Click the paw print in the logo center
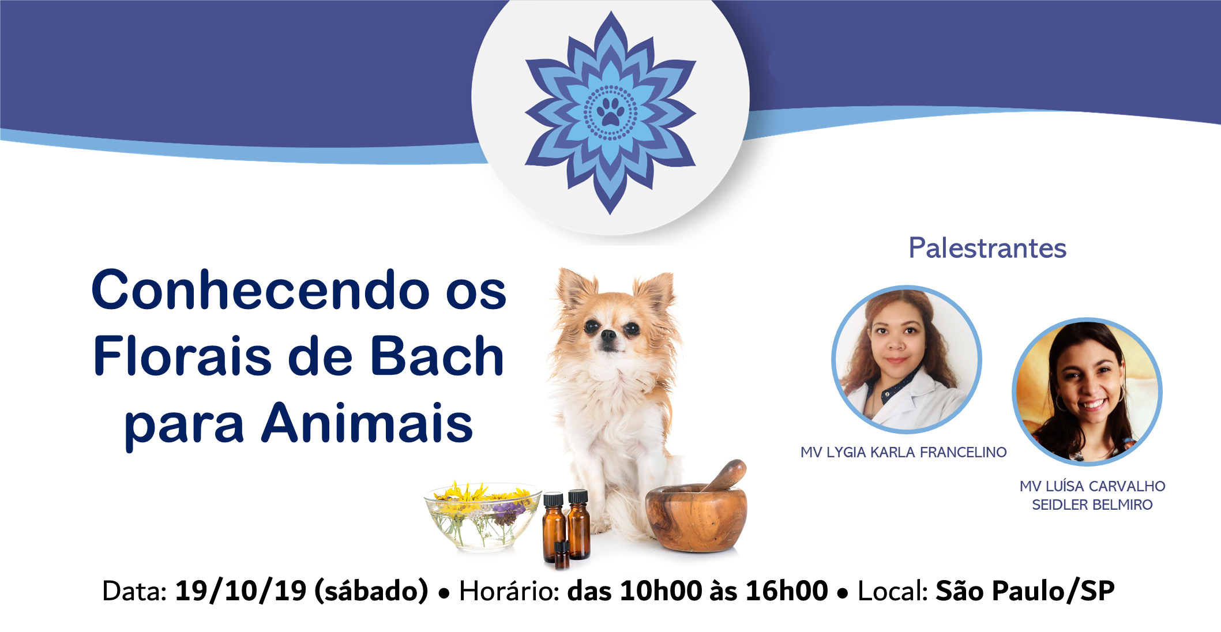pyautogui.click(x=610, y=112)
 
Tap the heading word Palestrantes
pyautogui.click(x=987, y=249)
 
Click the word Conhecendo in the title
pyautogui.click(x=260, y=289)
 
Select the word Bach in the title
pyautogui.click(x=437, y=356)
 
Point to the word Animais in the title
pyautogui.click(x=367, y=423)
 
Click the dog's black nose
pyautogui.click(x=608, y=336)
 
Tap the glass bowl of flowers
pyautogui.click(x=483, y=516)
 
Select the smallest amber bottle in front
pyautogui.click(x=561, y=554)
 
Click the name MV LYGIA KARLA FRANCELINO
pyautogui.click(x=903, y=453)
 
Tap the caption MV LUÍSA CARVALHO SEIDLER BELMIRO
pyautogui.click(x=1092, y=495)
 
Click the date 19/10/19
pyautogui.click(x=241, y=591)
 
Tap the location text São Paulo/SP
pyautogui.click(x=1025, y=591)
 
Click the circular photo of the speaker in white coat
pyautogui.click(x=906, y=359)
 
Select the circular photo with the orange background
pyautogui.click(x=1087, y=392)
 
